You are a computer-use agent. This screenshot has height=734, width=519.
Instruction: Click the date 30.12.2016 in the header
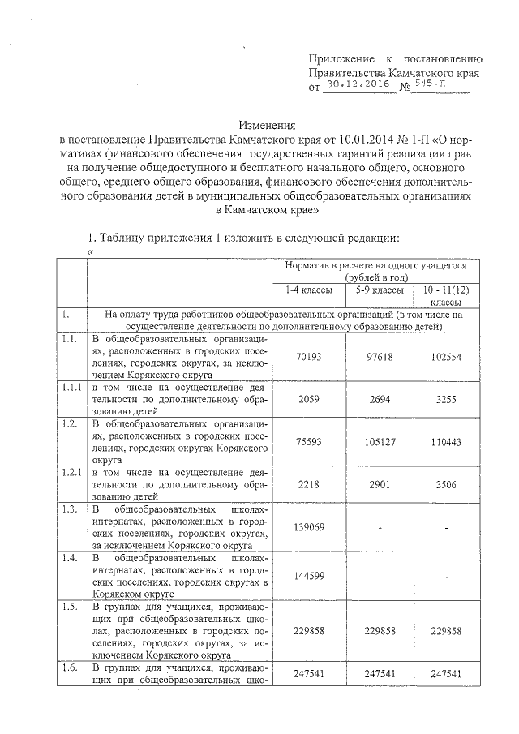point(358,84)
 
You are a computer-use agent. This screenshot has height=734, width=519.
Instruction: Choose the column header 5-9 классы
point(375,290)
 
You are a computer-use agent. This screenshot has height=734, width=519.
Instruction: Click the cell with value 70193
point(301,356)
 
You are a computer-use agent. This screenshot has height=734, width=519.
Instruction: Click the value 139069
point(301,527)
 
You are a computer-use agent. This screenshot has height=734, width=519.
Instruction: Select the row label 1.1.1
point(71,388)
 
